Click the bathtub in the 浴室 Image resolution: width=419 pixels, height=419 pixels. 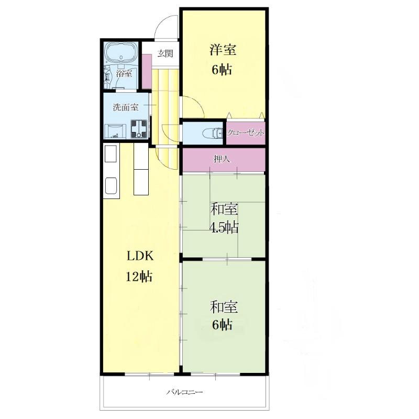tap(121, 53)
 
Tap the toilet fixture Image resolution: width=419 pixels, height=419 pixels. tap(213, 133)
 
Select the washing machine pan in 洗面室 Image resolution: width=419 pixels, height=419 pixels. tap(139, 129)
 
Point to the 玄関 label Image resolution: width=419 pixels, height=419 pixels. tap(165, 53)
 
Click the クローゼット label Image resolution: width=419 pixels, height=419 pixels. tap(246, 133)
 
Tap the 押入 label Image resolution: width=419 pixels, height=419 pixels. tap(222, 159)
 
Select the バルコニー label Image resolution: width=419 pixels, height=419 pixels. tap(185, 392)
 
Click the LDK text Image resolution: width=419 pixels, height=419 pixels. tap(140, 256)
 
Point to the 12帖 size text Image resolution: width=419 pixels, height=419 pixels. tap(139, 277)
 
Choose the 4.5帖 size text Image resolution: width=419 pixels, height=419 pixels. tap(224, 228)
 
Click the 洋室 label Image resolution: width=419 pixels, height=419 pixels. tap(223, 50)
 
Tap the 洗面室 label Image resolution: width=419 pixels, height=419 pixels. tap(126, 107)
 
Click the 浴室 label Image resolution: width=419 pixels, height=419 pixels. tap(124, 73)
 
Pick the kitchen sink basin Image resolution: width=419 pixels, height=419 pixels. tap(111, 185)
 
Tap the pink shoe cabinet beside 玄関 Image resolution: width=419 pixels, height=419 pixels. tap(147, 71)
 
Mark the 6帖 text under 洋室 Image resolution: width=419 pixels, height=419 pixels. tap(222, 70)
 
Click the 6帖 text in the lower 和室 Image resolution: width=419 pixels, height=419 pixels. tap(222, 325)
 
